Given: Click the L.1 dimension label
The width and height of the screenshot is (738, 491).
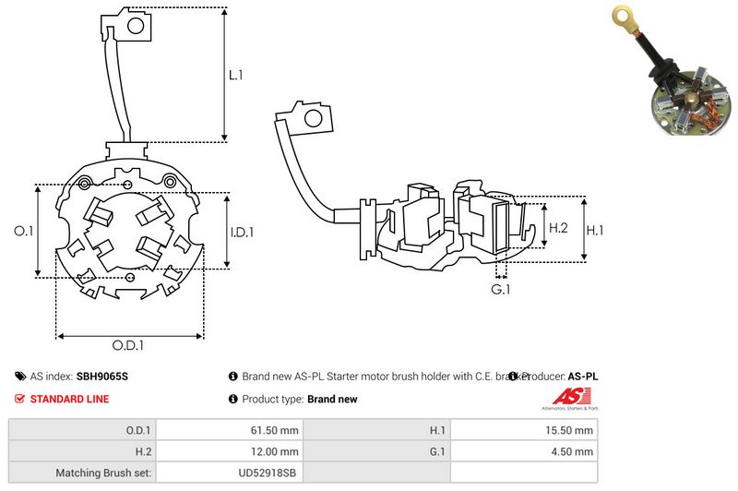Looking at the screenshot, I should click(236, 75).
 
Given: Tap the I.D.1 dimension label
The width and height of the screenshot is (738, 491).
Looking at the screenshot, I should click(241, 232).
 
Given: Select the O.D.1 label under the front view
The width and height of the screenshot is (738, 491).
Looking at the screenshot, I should click(127, 346).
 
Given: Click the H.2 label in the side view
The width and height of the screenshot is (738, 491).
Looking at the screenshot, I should click(558, 228).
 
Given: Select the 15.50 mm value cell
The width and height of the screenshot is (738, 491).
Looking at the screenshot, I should click(571, 430).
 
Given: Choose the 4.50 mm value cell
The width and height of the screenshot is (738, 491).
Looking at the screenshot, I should click(574, 451).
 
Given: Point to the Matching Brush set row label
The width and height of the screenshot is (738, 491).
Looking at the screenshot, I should click(102, 473).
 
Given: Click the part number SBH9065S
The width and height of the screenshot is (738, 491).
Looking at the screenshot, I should click(102, 377).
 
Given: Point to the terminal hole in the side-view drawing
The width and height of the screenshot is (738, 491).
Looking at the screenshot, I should click(315, 118).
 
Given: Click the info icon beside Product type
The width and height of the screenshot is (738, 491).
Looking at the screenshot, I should click(232, 399).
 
